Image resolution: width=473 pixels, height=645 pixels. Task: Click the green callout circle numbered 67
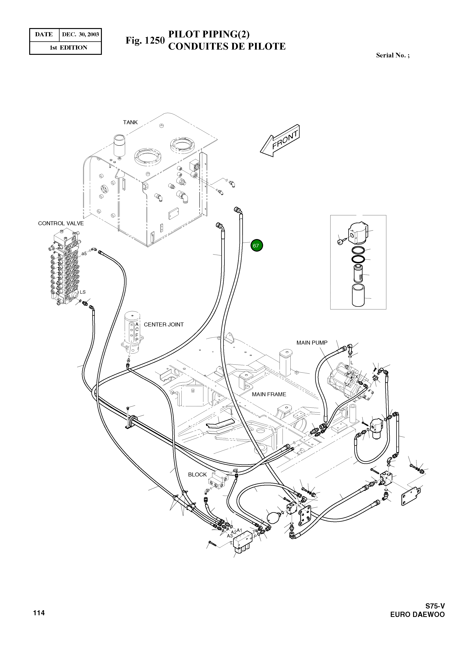257,245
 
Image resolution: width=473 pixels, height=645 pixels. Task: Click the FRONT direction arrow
280,141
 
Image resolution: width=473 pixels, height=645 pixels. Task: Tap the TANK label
130,122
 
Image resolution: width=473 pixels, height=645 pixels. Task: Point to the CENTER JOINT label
163,324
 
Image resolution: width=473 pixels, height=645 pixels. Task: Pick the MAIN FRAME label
269,394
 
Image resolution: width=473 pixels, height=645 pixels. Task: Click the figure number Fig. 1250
145,40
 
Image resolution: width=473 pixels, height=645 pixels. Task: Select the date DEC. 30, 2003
80,35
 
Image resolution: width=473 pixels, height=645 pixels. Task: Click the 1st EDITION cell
68,48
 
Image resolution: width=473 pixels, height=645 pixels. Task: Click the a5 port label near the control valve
84,253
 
